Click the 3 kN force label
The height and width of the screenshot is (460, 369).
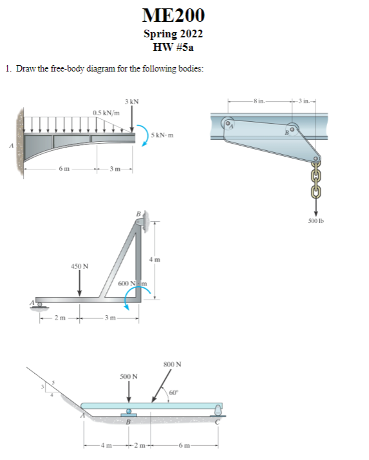(x=132, y=101)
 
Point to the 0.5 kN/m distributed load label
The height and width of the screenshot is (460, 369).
(x=105, y=113)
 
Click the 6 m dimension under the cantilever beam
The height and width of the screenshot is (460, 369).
(x=62, y=169)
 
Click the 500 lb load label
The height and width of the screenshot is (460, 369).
(x=316, y=222)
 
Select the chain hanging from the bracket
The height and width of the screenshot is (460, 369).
(x=316, y=181)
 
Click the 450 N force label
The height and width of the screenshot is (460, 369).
(x=79, y=265)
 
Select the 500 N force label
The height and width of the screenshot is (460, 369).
(x=129, y=376)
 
